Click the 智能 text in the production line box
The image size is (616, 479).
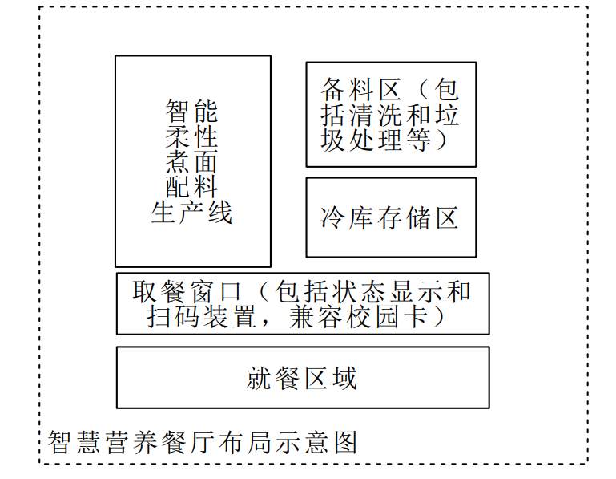pos(192,110)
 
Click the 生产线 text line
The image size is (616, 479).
pos(192,213)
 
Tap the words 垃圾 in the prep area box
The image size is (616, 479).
pos(445,115)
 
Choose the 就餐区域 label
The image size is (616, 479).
pos(302,378)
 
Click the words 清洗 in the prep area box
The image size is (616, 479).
pos(376,115)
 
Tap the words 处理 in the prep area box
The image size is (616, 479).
pos(376,140)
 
